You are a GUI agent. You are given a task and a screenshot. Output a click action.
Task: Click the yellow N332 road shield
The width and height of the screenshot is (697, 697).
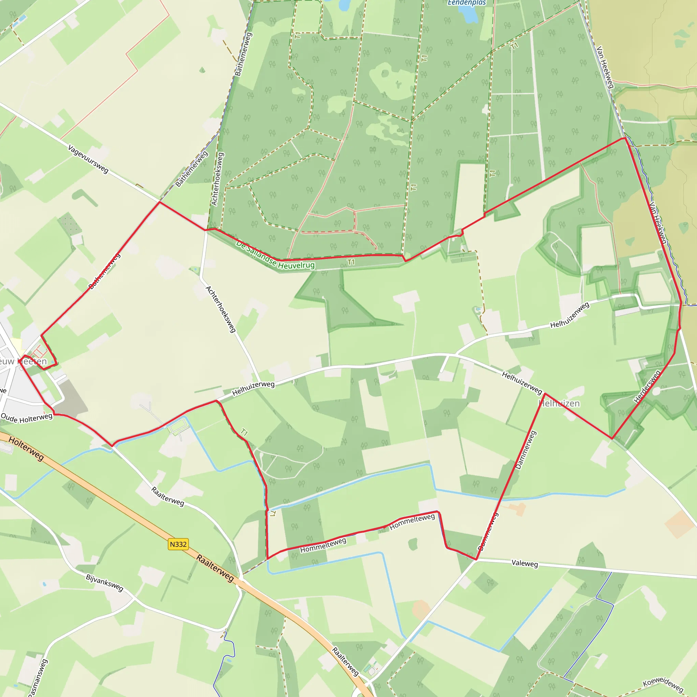coord(178,544)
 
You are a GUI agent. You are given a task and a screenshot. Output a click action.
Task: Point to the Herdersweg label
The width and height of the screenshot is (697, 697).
coord(647,386)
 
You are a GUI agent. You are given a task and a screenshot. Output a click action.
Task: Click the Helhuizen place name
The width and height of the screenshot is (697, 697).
coord(559,403)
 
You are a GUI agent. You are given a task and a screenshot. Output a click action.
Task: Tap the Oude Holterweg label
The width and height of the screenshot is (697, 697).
coord(27,418)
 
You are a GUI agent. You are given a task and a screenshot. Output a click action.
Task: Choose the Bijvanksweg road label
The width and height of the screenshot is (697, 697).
coord(104,583)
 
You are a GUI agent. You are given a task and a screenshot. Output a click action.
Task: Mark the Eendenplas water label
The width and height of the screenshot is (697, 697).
coord(467,3)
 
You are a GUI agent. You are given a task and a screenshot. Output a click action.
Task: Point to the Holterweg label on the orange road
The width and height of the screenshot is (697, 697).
coord(26,449)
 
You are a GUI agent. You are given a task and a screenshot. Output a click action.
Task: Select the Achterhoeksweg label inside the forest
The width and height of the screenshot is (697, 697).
coord(217,179)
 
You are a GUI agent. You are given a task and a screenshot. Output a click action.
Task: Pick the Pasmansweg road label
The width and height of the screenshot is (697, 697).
coord(37,678)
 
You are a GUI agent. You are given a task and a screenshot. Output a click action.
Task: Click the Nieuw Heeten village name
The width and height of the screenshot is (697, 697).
coord(24,361)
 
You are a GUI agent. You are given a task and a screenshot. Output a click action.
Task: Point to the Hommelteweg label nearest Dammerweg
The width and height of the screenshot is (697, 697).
coord(412,522)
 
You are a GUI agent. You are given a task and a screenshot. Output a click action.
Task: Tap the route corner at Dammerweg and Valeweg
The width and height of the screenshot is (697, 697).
coord(476,560)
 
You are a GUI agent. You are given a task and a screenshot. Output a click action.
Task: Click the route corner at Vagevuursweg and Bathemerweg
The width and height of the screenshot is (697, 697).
coord(160,202)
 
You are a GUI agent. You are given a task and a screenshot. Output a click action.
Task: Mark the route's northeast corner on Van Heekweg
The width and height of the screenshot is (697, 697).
coord(625,138)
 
